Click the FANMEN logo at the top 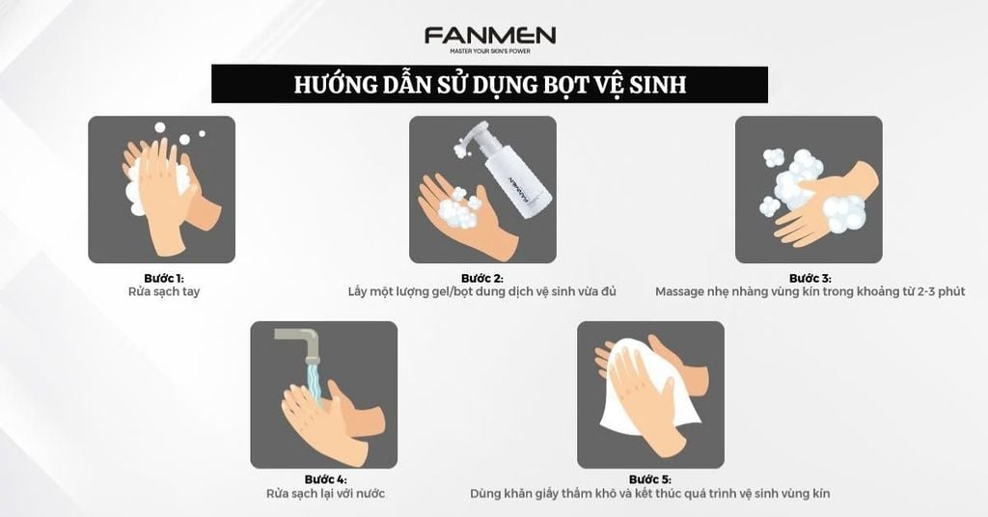tap(489, 37)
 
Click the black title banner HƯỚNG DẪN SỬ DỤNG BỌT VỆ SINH tap(489, 84)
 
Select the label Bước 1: tap(161, 278)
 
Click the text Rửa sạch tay tap(161, 291)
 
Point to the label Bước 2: tap(482, 278)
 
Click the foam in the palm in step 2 tap(458, 210)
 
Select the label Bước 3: tap(808, 278)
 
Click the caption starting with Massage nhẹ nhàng tap(808, 291)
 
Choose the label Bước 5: tap(649, 479)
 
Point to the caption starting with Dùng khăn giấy tap(649, 494)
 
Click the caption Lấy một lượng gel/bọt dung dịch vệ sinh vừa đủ tap(482, 291)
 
